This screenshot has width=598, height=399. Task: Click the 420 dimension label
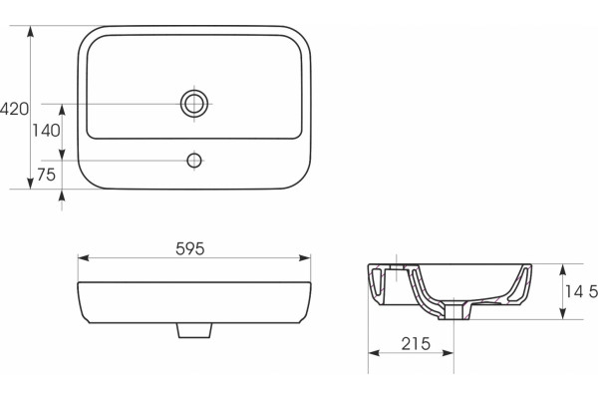coord(14,109)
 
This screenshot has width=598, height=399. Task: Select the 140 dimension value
coord(46,131)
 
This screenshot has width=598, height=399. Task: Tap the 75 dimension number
coord(47,175)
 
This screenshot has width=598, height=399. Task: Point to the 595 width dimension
coord(190,249)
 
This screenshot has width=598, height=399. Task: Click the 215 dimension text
coord(416,343)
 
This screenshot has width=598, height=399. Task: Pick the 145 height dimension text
coord(581,292)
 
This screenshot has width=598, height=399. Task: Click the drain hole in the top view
coord(194,104)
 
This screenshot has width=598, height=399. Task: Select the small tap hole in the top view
coord(194,161)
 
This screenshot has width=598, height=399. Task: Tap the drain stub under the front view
coord(194,330)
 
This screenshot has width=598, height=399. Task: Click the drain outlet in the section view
coord(453,310)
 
